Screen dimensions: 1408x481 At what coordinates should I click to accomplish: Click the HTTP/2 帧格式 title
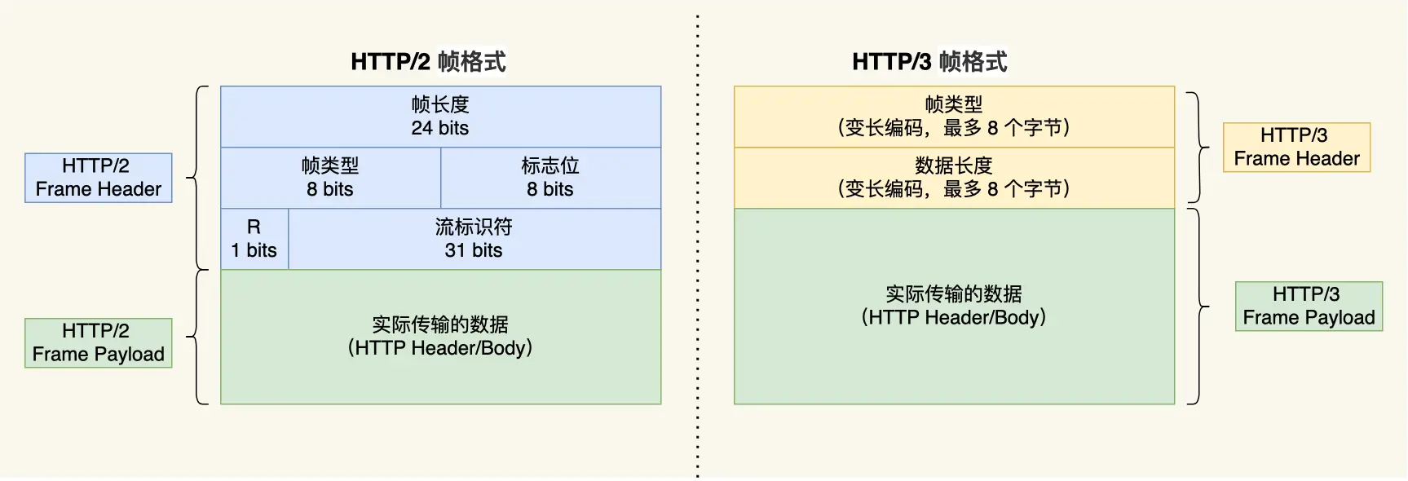pos(428,61)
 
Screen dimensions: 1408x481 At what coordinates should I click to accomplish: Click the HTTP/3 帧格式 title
pos(929,61)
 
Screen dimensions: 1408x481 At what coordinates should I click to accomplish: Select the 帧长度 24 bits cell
pos(440,117)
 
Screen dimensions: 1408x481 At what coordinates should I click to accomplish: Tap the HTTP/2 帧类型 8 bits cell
pos(330,178)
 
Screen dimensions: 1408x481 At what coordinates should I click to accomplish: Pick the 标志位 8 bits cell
pos(550,178)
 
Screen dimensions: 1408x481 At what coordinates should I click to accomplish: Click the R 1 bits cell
pos(254,239)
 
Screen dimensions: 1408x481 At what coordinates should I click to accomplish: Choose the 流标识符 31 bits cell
pos(474,239)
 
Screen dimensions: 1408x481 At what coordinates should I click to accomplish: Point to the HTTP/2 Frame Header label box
pos(98,178)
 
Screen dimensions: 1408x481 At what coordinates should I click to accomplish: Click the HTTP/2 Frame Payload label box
pos(98,342)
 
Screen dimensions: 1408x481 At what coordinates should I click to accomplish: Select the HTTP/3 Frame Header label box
pos(1296,147)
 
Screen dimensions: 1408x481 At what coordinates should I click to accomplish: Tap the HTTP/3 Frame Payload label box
pos(1309,306)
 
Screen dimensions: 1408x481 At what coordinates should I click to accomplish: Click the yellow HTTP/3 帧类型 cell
pos(954,117)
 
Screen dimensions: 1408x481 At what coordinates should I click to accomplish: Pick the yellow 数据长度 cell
pos(954,178)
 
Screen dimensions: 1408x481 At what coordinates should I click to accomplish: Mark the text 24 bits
pos(440,128)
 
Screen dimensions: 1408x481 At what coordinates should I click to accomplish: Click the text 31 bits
pos(474,250)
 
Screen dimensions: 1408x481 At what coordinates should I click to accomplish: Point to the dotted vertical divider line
pos(698,245)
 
